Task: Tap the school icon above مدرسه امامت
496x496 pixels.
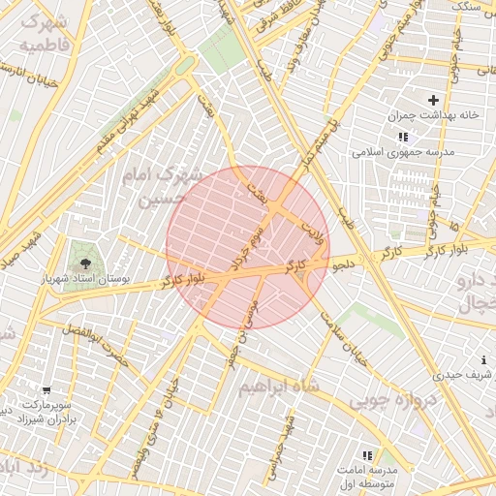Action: tap(366, 454)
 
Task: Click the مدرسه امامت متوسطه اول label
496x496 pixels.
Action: tap(363, 476)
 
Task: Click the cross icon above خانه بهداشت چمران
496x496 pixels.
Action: tap(433, 99)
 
